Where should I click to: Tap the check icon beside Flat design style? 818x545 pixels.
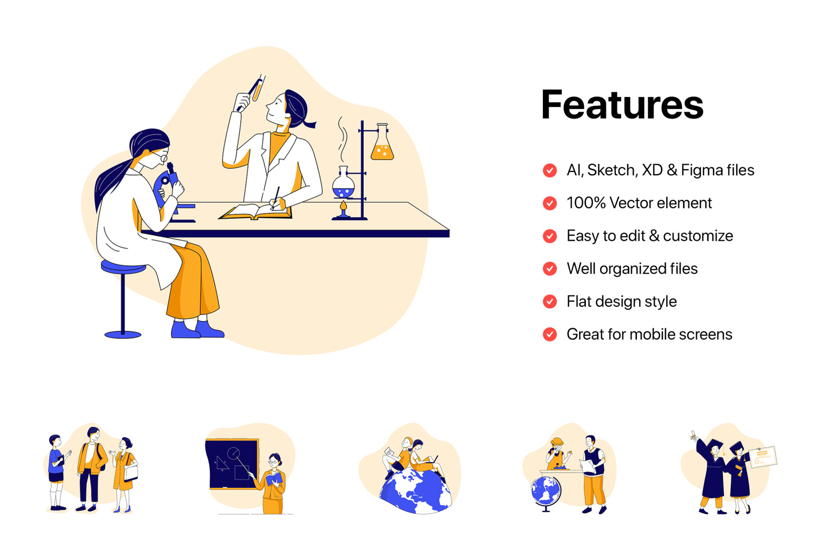(550, 301)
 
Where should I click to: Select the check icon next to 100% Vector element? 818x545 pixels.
(550, 203)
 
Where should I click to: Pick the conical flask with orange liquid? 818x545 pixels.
(382, 143)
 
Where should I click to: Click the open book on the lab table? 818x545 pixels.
(256, 212)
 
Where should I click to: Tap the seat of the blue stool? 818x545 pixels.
(123, 267)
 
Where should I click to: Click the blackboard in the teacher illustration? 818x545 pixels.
(232, 464)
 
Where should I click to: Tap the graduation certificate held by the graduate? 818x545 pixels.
(763, 457)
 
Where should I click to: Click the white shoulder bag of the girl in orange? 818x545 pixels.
(131, 473)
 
